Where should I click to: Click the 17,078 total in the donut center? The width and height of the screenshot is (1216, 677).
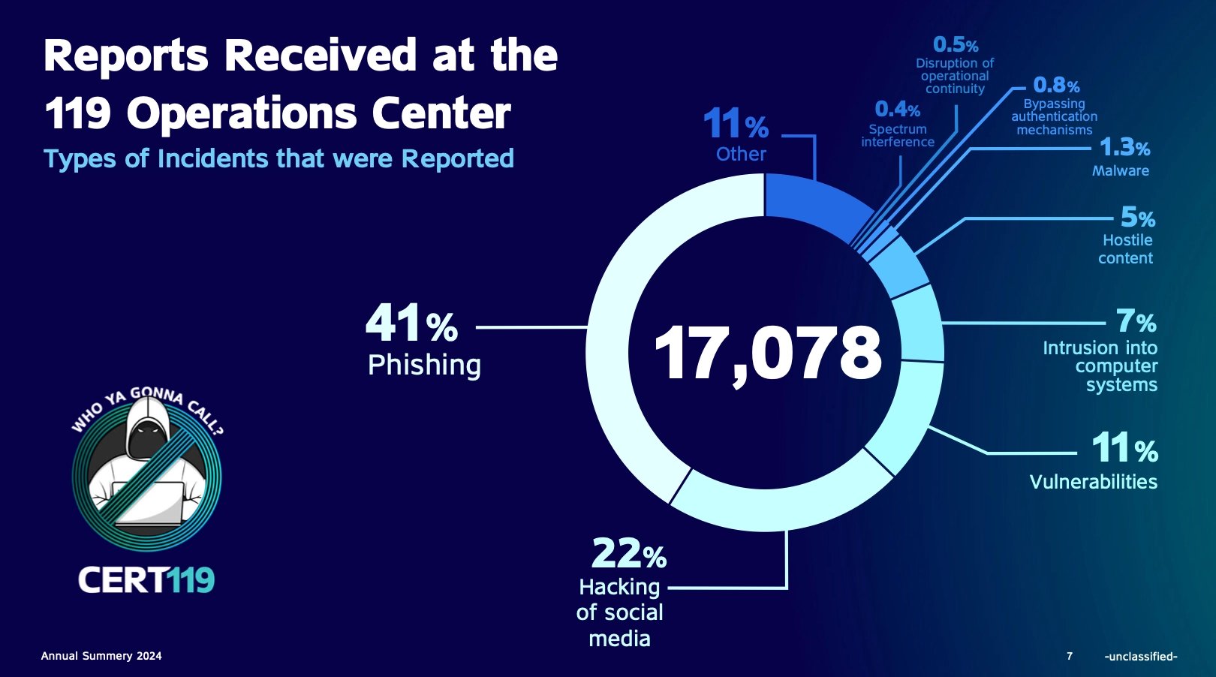coord(767,353)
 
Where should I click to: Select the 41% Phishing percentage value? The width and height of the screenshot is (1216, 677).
coord(411,323)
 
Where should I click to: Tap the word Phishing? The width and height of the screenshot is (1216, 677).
coord(424,365)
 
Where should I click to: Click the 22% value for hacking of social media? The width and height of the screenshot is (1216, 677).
coord(628,554)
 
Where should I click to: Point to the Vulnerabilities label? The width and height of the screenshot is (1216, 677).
coord(1093,482)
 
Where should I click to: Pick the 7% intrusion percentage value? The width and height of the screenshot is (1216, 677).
coord(1136,322)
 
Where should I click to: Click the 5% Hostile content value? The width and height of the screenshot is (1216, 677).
coord(1137,218)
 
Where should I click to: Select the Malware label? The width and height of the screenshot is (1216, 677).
coord(1120,170)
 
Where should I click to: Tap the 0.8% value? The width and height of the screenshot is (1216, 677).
coord(1055,86)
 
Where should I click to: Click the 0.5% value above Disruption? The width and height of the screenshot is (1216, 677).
coord(955,45)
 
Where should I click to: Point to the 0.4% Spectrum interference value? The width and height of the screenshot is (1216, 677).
coord(897,110)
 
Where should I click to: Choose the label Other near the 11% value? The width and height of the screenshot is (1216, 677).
coord(741,154)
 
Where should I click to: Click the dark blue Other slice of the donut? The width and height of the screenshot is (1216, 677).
coord(811,203)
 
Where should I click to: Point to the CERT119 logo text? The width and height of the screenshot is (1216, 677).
coord(146,579)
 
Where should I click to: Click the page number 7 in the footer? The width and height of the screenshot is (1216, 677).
coord(1070,656)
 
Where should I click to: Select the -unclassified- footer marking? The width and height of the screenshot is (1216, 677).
coord(1140,656)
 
